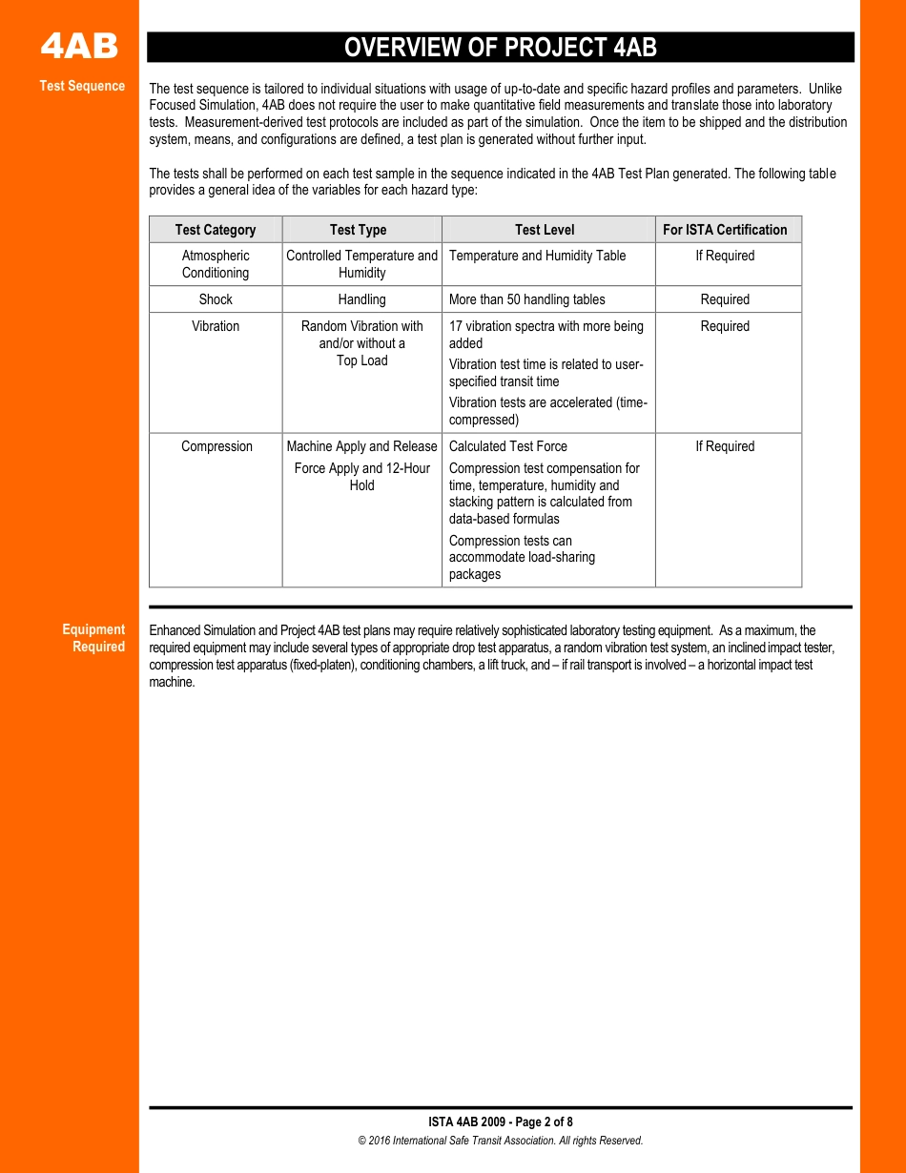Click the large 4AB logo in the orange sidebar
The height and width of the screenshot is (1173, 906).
pyautogui.click(x=79, y=47)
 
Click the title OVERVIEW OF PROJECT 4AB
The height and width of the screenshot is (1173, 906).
pyautogui.click(x=500, y=48)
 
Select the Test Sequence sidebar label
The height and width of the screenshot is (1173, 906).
pyautogui.click(x=82, y=86)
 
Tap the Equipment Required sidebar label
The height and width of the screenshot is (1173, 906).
pyautogui.click(x=93, y=638)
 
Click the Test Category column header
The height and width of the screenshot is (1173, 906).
pyautogui.click(x=216, y=230)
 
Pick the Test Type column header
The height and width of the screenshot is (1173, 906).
pyautogui.click(x=358, y=230)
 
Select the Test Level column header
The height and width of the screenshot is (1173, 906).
pyautogui.click(x=545, y=230)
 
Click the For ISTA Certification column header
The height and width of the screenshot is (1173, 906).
pyautogui.click(x=725, y=230)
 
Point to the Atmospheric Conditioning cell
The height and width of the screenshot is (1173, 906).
pyautogui.click(x=216, y=264)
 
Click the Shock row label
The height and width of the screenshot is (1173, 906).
pyautogui.click(x=216, y=299)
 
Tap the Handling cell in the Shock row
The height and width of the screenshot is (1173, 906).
pyautogui.click(x=361, y=299)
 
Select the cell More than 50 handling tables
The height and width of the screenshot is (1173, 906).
pyautogui.click(x=526, y=299)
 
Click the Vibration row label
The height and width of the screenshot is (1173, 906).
pyautogui.click(x=216, y=326)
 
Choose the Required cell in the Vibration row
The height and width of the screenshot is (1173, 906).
pyautogui.click(x=725, y=326)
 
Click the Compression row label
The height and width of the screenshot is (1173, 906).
pyautogui.click(x=216, y=446)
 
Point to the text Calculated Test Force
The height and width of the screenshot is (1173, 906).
pyautogui.click(x=507, y=446)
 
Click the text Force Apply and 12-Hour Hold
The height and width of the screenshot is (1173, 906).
pyautogui.click(x=361, y=477)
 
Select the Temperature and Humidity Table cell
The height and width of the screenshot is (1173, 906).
pyautogui.click(x=537, y=256)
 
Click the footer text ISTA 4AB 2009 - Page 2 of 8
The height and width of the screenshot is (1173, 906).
pyautogui.click(x=501, y=1122)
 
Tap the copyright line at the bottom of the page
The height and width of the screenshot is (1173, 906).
pyautogui.click(x=501, y=1141)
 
